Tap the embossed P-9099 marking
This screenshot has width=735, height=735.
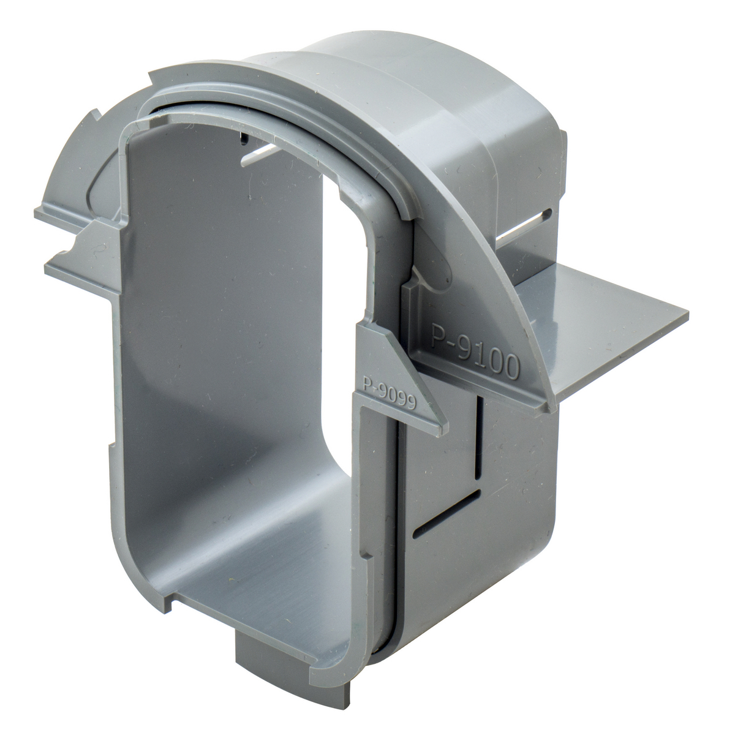pos(390,393)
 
